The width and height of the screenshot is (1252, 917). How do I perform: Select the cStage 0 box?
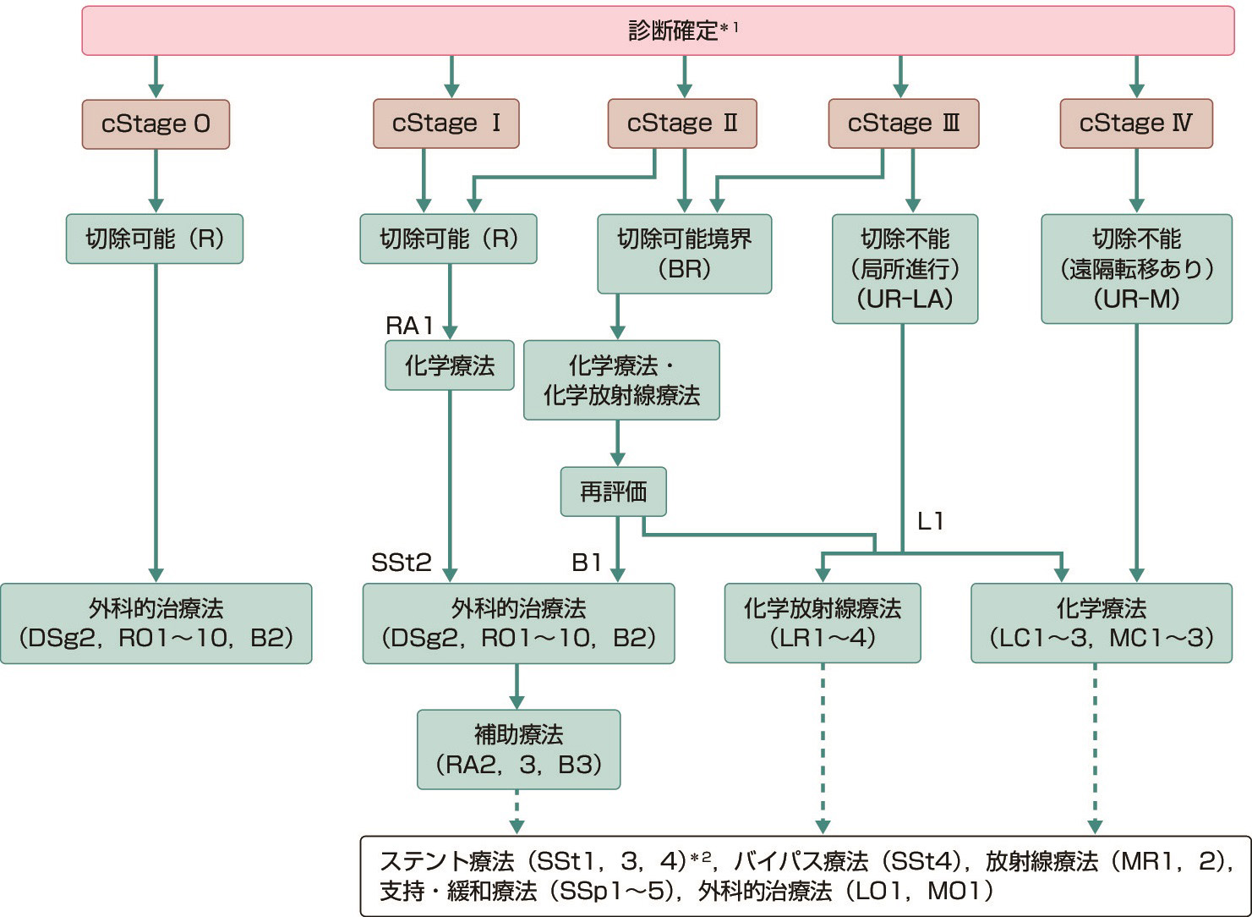pos(156,124)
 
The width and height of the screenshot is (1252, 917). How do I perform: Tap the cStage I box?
pos(446,124)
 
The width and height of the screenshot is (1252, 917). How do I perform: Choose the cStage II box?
pos(682,124)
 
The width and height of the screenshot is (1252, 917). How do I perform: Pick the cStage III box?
pos(903,124)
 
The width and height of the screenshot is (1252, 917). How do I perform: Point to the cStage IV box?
pos(1135,124)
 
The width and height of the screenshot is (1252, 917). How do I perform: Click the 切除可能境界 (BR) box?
pos(684,254)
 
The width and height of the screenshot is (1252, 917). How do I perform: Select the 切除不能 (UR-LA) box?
pos(905,268)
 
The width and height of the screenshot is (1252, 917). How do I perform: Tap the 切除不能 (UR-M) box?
pos(1136,268)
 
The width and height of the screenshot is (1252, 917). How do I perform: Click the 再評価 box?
pos(613,491)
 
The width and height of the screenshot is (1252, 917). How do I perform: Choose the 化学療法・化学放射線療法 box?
pos(621,380)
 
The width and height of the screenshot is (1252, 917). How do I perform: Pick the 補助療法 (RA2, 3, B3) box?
pos(518,750)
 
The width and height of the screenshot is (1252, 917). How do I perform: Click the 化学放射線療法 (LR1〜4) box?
pos(822,623)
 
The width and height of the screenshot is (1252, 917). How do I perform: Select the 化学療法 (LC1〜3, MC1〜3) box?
pos(1101,623)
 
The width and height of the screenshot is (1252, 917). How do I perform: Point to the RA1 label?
pos(409,326)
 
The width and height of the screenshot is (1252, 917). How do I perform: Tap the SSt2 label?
pos(402,563)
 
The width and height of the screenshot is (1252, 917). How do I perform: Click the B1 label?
pos(587,563)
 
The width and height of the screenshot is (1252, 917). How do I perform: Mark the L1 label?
pos(930,521)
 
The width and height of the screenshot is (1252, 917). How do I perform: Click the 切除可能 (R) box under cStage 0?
pos(155,239)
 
